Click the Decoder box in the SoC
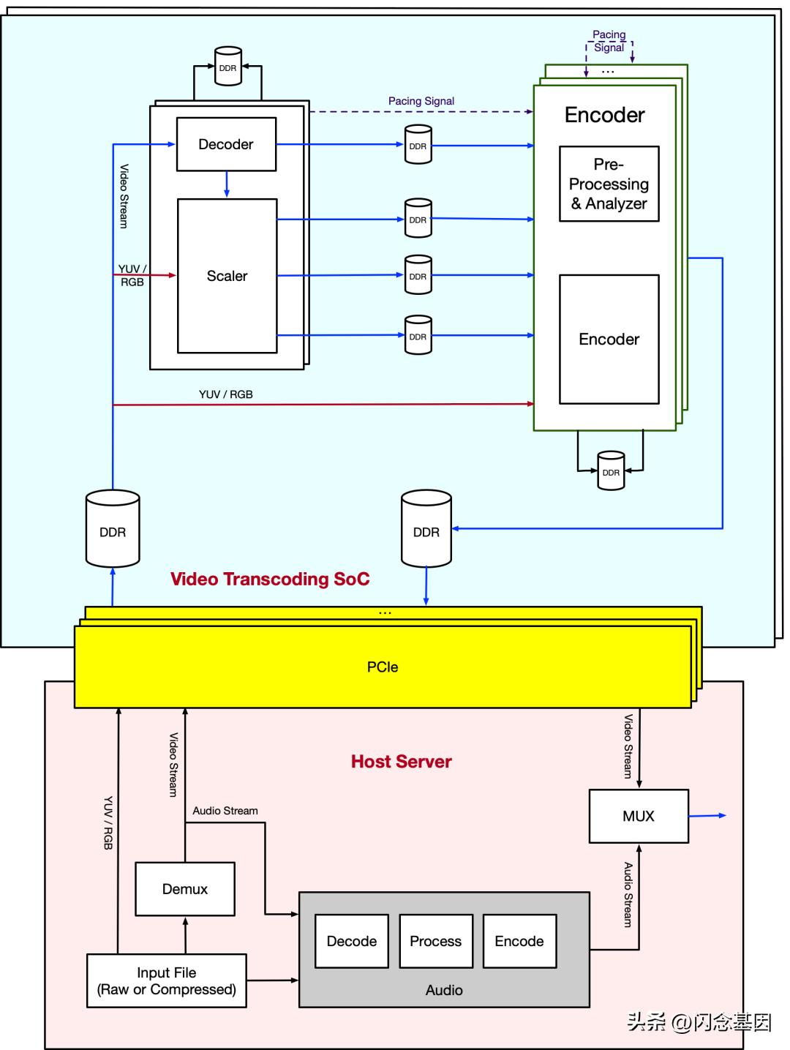226,144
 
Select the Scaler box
227,276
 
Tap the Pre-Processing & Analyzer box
609,184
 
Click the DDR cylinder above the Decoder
227,67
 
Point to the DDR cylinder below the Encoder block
611,471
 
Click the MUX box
639,816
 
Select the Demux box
185,889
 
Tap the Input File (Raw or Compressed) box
166,980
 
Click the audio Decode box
352,941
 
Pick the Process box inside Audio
436,941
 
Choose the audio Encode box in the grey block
519,941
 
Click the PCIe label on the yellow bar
383,667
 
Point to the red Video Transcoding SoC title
270,579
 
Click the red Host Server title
401,762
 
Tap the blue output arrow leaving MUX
708,815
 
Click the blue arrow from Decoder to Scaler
227,184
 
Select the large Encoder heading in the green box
604,115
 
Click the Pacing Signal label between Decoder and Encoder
421,101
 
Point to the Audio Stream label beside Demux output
225,811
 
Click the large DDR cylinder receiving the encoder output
426,530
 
